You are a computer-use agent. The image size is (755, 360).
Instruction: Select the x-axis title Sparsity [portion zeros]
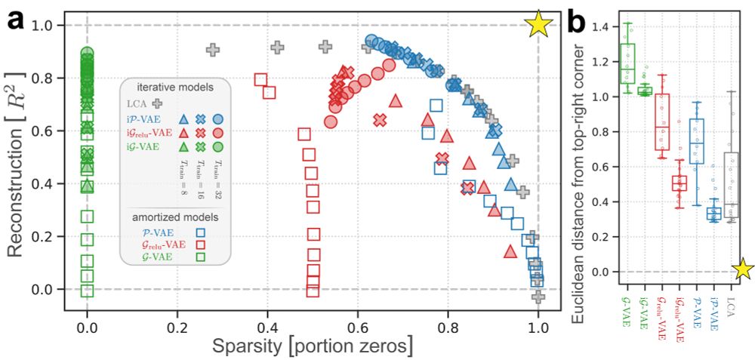tap(313, 346)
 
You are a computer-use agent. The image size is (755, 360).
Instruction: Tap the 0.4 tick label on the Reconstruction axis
tap(55, 183)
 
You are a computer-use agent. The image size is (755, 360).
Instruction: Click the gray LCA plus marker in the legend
tap(158, 103)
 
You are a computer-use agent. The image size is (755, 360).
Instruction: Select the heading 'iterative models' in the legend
tap(179, 87)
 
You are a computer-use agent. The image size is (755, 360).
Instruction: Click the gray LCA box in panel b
tap(730, 185)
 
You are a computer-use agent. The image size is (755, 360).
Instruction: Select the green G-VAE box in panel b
tap(627, 63)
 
